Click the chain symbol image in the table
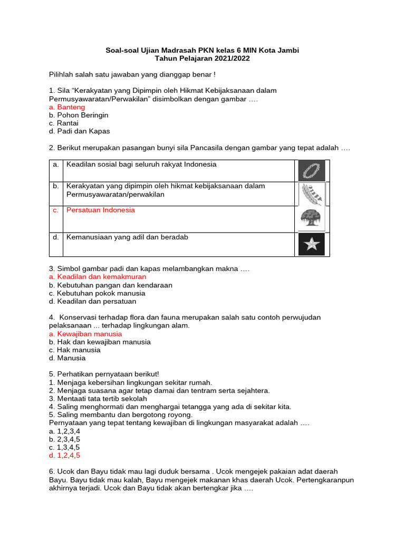pyautogui.click(x=312, y=171)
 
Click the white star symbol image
pyautogui.click(x=312, y=244)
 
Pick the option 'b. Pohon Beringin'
pyautogui.click(x=79, y=115)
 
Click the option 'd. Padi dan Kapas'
pyautogui.click(x=79, y=131)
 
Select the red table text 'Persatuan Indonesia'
pyautogui.click(x=100, y=210)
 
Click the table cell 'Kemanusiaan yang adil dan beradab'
pyautogui.click(x=127, y=237)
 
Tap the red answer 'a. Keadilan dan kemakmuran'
pyautogui.click(x=97, y=277)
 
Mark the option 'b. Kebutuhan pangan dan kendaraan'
pyautogui.click(x=110, y=285)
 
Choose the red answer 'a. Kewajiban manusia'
pyautogui.click(x=85, y=334)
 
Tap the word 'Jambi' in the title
pyautogui.click(x=287, y=51)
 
